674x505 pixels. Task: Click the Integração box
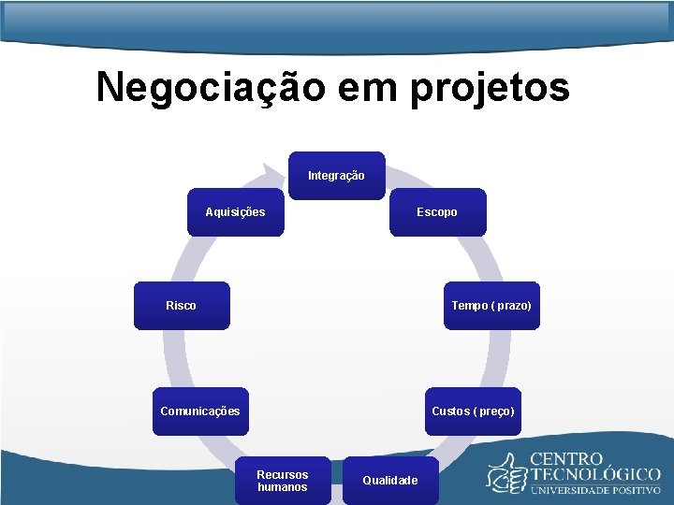pos(336,176)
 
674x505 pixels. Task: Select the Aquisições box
pos(235,212)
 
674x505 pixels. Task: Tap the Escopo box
pos(437,212)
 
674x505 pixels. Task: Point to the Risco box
pos(181,306)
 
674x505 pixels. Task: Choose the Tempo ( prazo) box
pos(491,306)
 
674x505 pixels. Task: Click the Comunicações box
pos(200,411)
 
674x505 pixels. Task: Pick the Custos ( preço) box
pos(473,411)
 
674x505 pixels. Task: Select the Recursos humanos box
pos(282,481)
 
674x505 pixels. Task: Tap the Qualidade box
pos(390,481)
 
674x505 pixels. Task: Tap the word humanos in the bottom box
pos(282,487)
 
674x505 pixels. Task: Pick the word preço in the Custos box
pos(495,411)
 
